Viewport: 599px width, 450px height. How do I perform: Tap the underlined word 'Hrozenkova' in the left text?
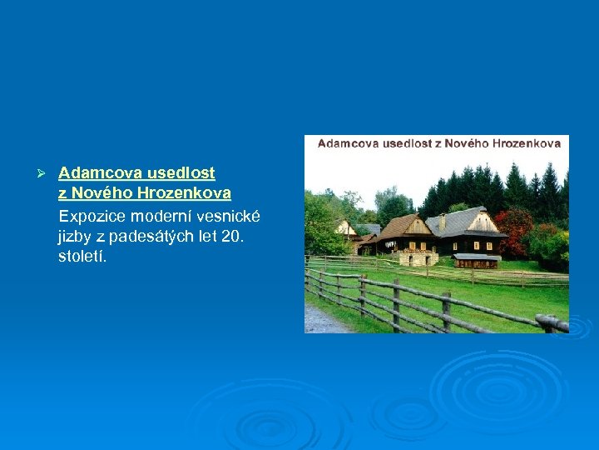pos(183,194)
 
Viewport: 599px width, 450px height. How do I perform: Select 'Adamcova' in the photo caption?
pos(349,143)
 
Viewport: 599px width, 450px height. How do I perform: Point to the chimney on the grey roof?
pos(443,222)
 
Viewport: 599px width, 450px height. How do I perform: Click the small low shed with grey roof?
pos(477,259)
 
